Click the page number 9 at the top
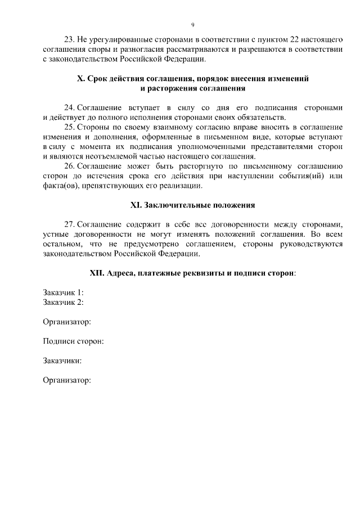(x=192, y=25)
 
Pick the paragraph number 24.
(x=69, y=107)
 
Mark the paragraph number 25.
(x=69, y=127)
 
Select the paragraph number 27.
(x=69, y=224)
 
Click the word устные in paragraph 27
(x=56, y=235)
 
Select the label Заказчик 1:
(x=64, y=292)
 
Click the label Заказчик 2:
(x=64, y=302)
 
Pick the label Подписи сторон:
(x=73, y=341)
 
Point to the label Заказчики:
(x=62, y=361)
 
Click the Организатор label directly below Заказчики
(x=67, y=380)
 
